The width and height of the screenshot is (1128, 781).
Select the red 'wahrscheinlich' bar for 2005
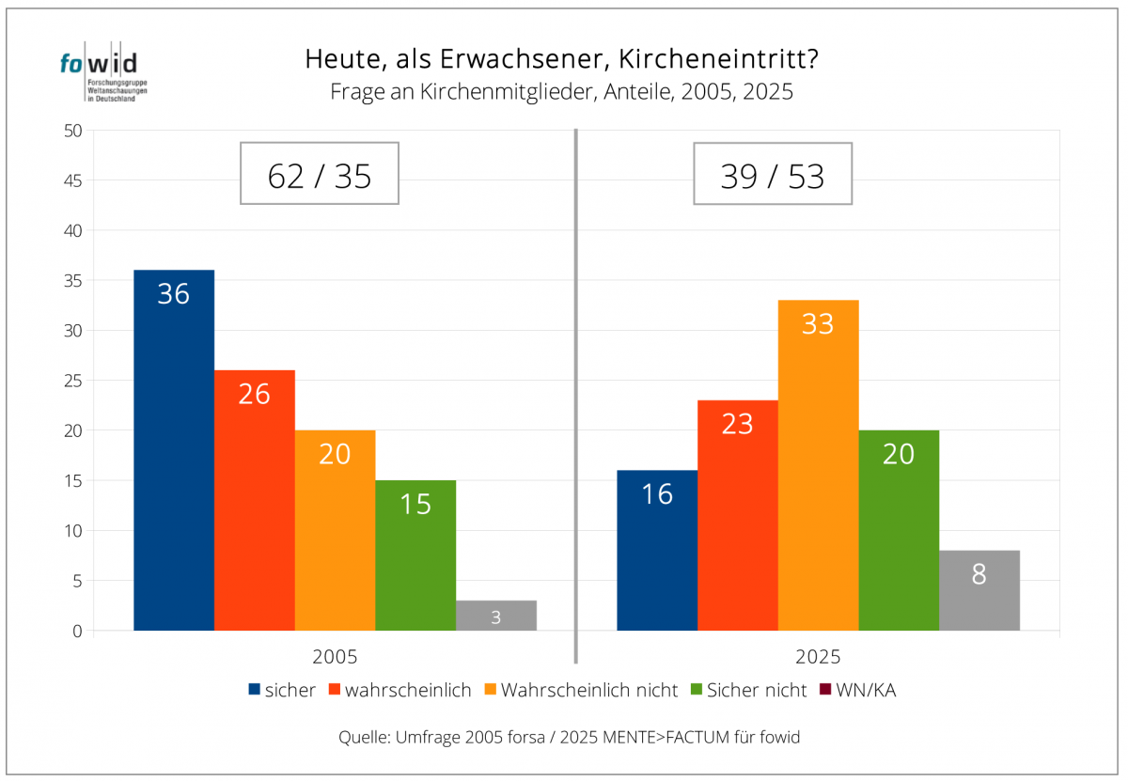click(x=255, y=499)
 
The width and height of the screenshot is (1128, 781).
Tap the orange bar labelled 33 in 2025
click(x=818, y=464)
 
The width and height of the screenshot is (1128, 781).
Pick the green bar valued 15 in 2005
click(x=415, y=555)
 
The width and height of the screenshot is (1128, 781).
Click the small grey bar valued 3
click(x=496, y=616)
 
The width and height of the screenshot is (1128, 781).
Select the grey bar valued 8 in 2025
click(x=979, y=589)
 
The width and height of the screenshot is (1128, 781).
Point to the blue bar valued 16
click(x=657, y=550)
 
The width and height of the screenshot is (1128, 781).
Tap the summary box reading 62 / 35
click(x=320, y=174)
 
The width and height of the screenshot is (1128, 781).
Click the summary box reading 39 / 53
click(x=773, y=174)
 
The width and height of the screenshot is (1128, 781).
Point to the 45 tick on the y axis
click(x=72, y=180)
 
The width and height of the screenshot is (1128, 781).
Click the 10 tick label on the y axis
click(x=72, y=531)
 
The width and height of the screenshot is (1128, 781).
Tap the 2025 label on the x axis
click(x=818, y=658)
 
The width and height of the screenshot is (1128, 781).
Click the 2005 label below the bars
click(x=335, y=658)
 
